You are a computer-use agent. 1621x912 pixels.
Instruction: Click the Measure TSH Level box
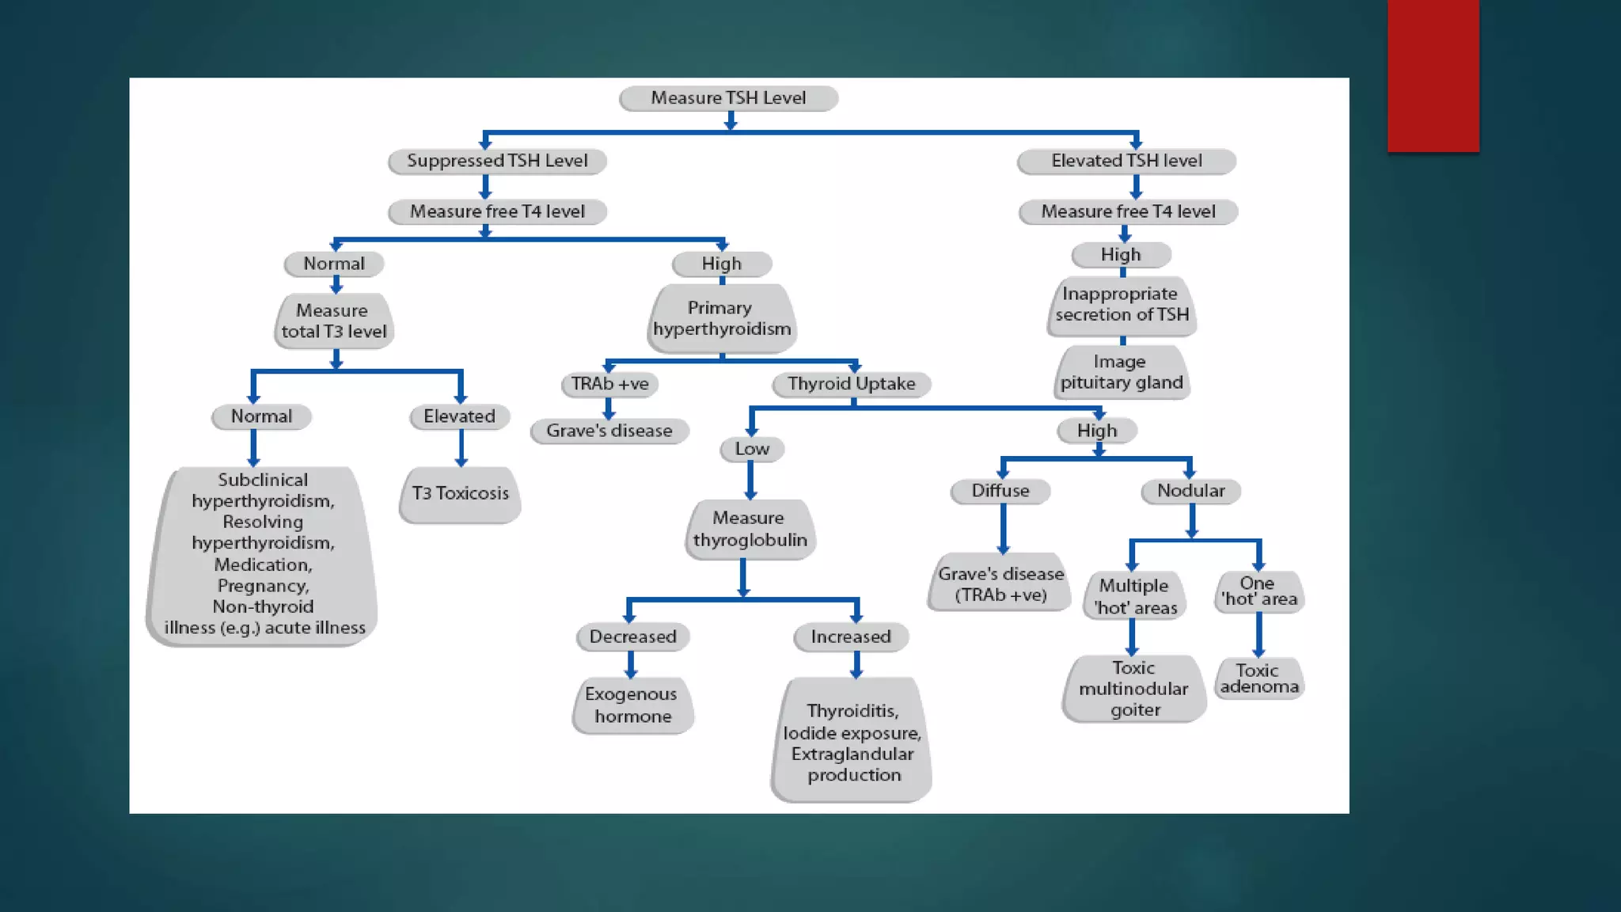pyautogui.click(x=728, y=98)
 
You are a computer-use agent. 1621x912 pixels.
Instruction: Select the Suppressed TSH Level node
pyautogui.click(x=497, y=161)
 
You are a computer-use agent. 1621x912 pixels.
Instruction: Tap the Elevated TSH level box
pyautogui.click(x=1126, y=161)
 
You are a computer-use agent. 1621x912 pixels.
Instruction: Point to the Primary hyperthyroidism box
pyautogui.click(x=722, y=318)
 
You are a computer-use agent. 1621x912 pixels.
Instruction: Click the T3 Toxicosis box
pyautogui.click(x=460, y=494)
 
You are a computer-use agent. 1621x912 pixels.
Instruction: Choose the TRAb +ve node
pyautogui.click(x=609, y=384)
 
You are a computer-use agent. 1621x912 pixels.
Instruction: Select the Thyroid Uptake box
pyautogui.click(x=851, y=384)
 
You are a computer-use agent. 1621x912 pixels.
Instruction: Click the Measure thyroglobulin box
pyautogui.click(x=750, y=529)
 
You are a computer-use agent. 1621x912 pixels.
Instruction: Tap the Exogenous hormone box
pyautogui.click(x=632, y=705)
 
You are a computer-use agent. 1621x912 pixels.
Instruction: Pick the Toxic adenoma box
pyautogui.click(x=1258, y=678)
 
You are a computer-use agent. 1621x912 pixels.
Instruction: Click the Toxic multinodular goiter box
pyautogui.click(x=1133, y=689)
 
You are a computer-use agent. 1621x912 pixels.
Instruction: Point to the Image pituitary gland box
pyautogui.click(x=1122, y=372)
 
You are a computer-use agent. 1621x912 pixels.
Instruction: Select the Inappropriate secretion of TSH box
pyautogui.click(x=1122, y=305)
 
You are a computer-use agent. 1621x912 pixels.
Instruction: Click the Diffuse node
pyautogui.click(x=1000, y=491)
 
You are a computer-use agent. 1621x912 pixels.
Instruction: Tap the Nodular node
pyautogui.click(x=1190, y=491)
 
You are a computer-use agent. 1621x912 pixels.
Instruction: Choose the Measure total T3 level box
pyautogui.click(x=334, y=321)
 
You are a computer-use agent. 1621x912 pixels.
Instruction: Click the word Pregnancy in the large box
pyautogui.click(x=263, y=586)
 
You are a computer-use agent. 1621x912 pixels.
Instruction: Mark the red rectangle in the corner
pyautogui.click(x=1433, y=75)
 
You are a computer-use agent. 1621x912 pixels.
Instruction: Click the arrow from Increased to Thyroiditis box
pyautogui.click(x=856, y=664)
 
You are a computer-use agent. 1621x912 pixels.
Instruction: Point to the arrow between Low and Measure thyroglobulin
pyautogui.click(x=750, y=480)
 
